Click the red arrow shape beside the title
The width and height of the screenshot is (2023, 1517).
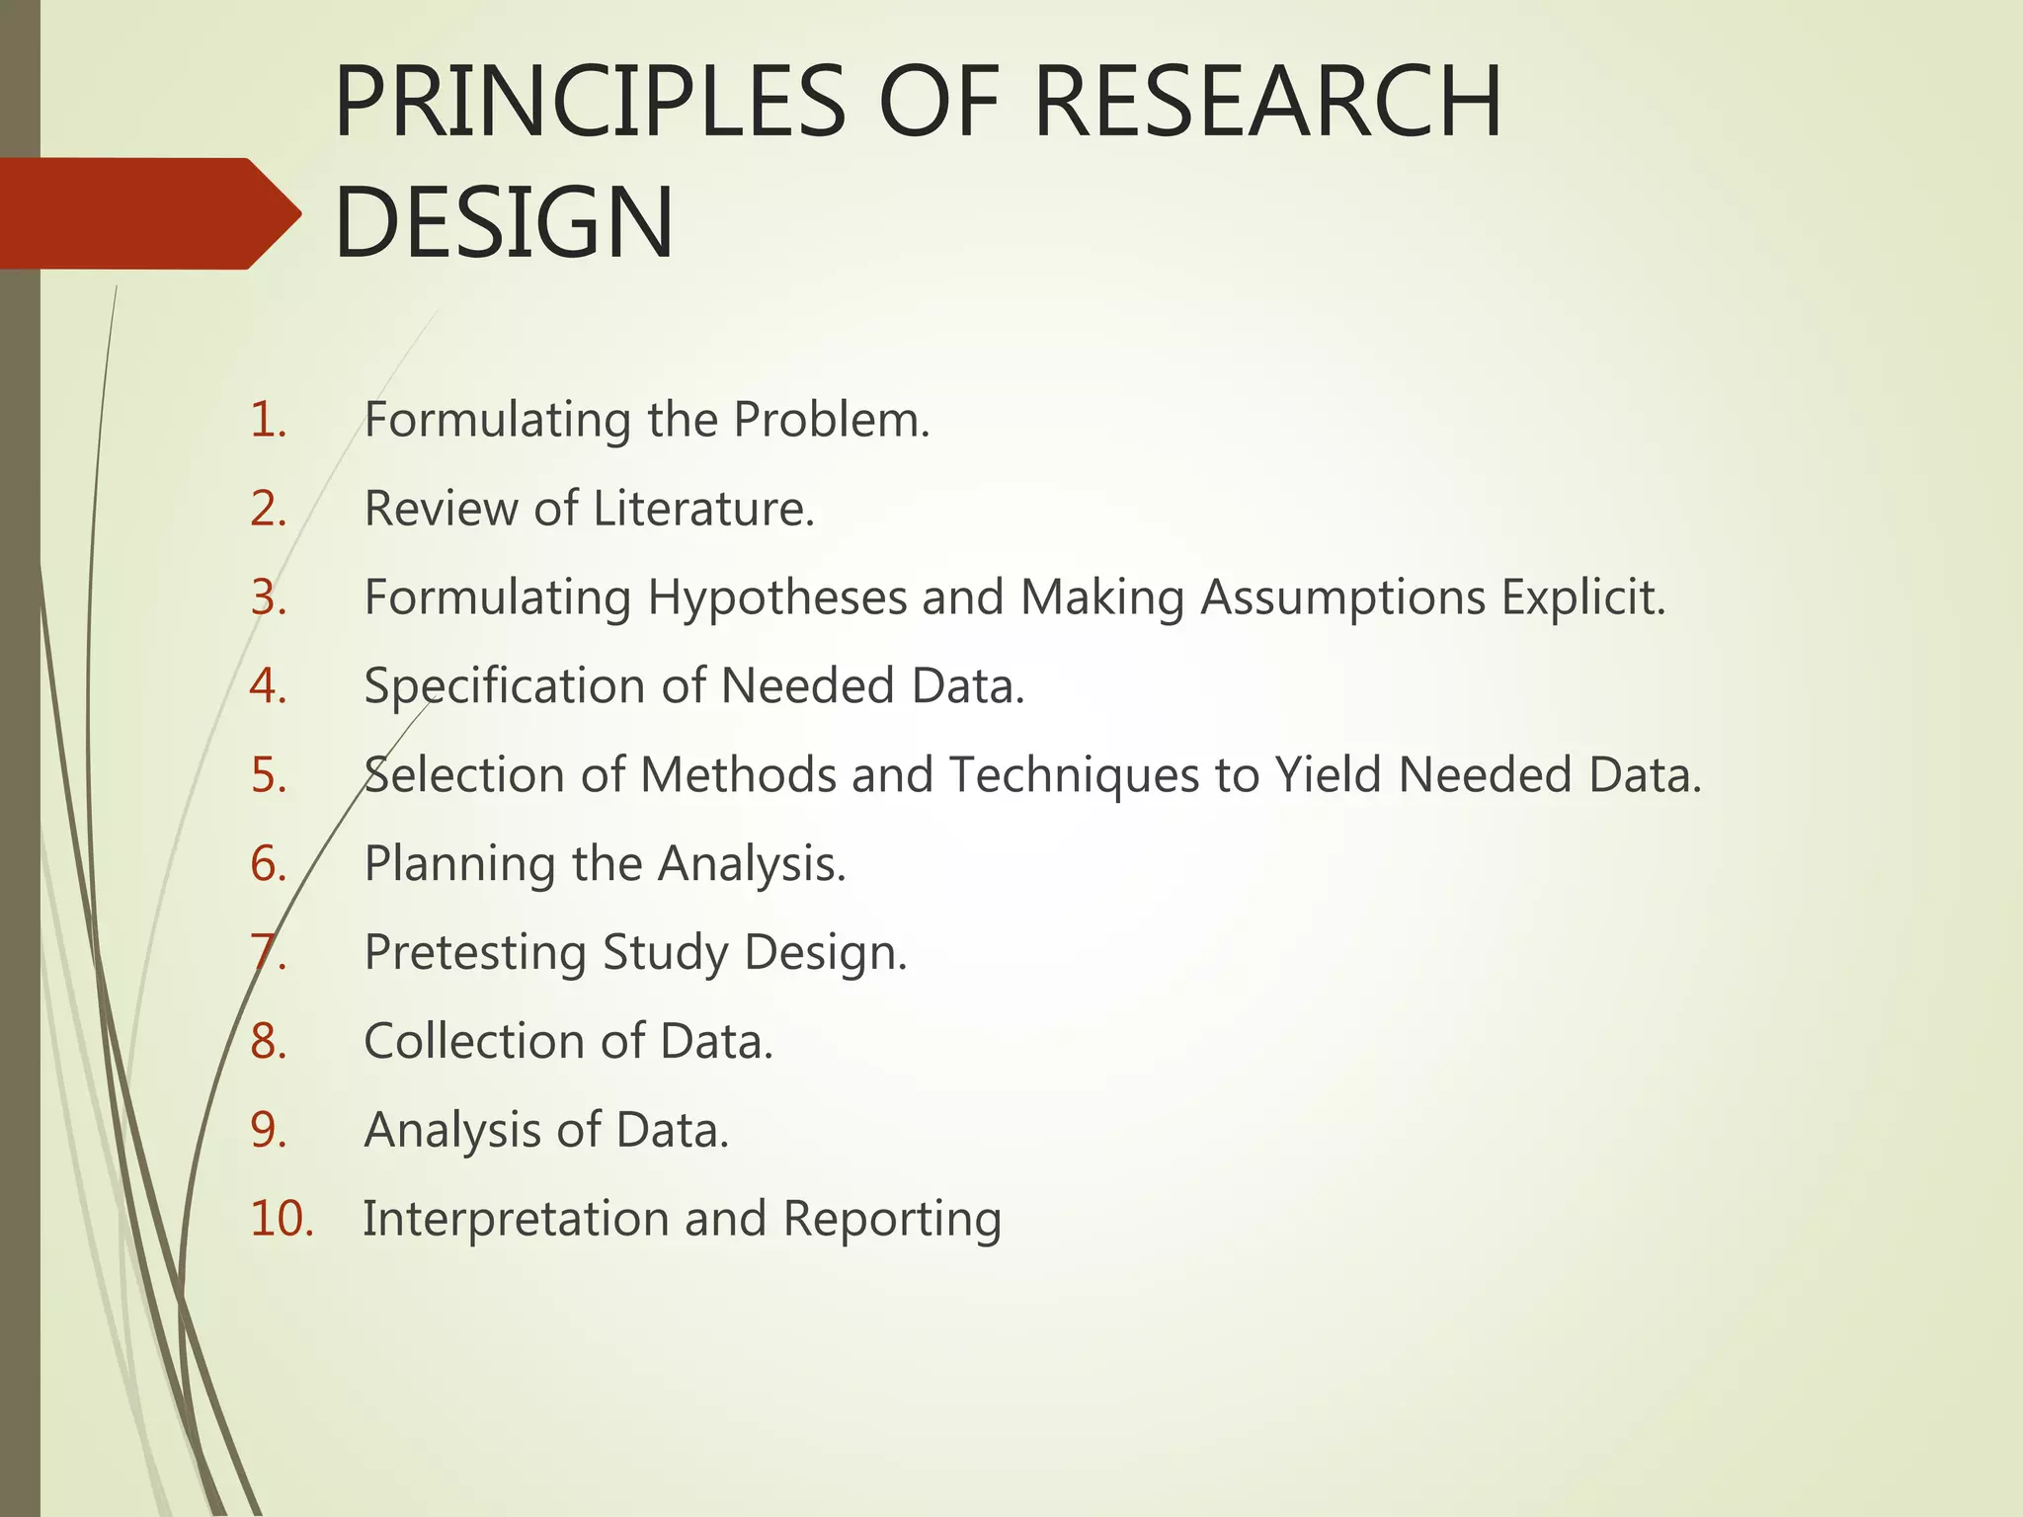pyautogui.click(x=148, y=213)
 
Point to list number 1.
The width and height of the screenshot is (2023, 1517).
pyautogui.click(x=268, y=420)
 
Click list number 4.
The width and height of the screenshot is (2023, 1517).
pyautogui.click(x=268, y=685)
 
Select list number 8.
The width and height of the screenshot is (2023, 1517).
pyautogui.click(x=268, y=1041)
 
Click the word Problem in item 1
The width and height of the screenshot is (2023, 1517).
pyautogui.click(x=831, y=420)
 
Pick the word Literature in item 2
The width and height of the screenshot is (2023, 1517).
pyautogui.click(x=703, y=509)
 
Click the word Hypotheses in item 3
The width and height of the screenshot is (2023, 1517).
pyautogui.click(x=776, y=598)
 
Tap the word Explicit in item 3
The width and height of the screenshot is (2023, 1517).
pyautogui.click(x=1583, y=598)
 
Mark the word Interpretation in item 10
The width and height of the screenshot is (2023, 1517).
pyautogui.click(x=515, y=1220)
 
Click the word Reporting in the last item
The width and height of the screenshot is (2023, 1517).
pyautogui.click(x=892, y=1220)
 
